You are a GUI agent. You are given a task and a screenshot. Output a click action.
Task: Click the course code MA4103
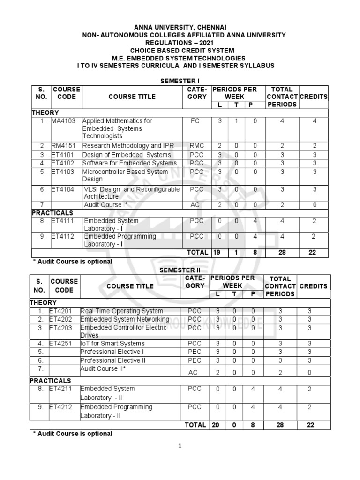pyautogui.click(x=65, y=121)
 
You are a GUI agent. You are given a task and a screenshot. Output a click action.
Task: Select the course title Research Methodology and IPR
pyautogui.click(x=128, y=146)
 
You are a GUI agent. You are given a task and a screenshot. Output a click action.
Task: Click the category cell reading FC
pyautogui.click(x=195, y=121)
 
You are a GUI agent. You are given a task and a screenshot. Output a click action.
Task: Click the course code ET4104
pyautogui.click(x=63, y=189)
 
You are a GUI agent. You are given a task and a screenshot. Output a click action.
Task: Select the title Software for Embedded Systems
pyautogui.click(x=129, y=163)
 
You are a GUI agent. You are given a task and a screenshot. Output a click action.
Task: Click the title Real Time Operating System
pyautogui.click(x=122, y=311)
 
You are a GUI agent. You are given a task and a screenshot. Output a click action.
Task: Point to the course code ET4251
pyautogui.click(x=60, y=344)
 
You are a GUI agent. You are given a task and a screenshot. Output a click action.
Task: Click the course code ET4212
pyautogui.click(x=60, y=407)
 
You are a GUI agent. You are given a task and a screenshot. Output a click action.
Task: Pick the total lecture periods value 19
pyautogui.click(x=217, y=252)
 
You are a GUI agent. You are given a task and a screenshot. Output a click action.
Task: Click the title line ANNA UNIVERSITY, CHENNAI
pyautogui.click(x=180, y=28)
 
